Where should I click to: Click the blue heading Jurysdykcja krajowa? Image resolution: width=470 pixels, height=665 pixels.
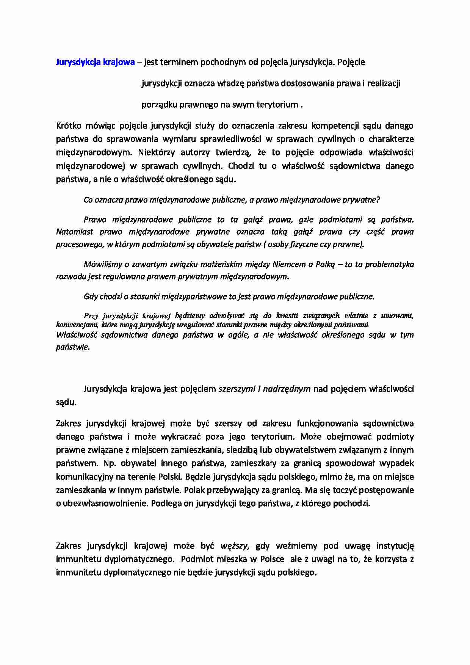coord(95,62)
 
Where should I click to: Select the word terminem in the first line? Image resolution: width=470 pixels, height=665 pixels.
coord(178,62)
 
